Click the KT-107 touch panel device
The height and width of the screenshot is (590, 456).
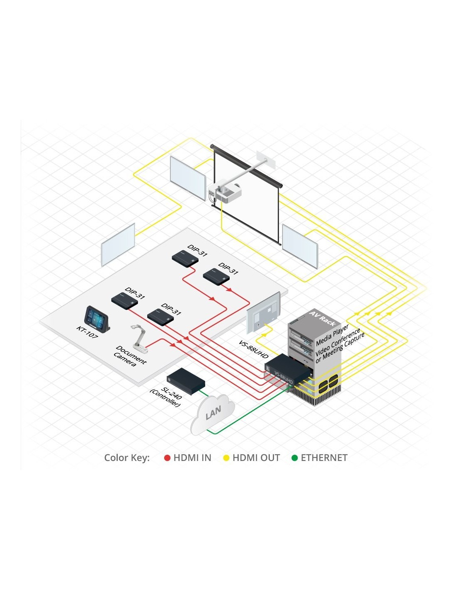pos(97,319)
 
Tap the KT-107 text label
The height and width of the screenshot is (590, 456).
pos(87,332)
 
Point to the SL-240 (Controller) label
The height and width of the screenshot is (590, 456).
pos(166,397)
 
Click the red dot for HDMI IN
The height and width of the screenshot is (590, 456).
pos(167,458)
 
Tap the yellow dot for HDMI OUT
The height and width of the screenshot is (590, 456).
pos(226,458)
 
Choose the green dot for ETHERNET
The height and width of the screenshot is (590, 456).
pos(294,458)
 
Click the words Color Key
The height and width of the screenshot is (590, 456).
pos(127,458)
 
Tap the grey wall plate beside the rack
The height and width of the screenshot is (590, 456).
pos(263,312)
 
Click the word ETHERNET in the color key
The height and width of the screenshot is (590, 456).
pos(324,458)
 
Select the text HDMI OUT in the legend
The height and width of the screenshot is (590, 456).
pos(256,458)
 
